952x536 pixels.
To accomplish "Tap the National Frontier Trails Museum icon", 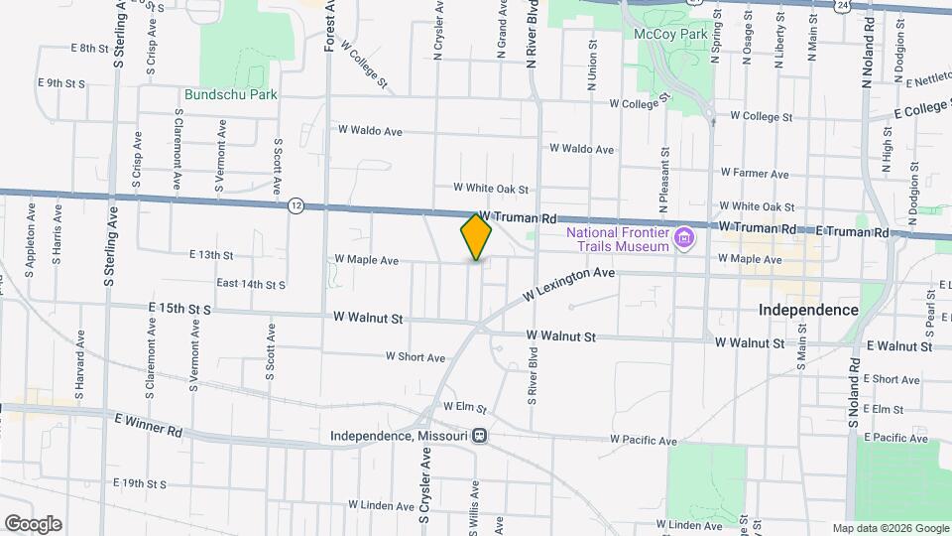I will pyautogui.click(x=683, y=238).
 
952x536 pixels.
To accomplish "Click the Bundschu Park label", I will pyautogui.click(x=230, y=95).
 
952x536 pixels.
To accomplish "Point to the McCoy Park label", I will pyautogui.click(x=671, y=34).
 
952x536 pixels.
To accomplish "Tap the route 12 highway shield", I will pyautogui.click(x=297, y=205).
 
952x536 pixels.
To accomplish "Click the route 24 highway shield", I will pyautogui.click(x=842, y=6).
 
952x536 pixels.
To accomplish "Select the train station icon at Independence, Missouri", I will pyautogui.click(x=480, y=436).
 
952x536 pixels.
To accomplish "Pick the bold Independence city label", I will pyautogui.click(x=808, y=310).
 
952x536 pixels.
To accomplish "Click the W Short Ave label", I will pyautogui.click(x=416, y=357).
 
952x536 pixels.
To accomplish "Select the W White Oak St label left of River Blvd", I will pyautogui.click(x=491, y=188).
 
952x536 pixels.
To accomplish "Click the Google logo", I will pyautogui.click(x=33, y=524).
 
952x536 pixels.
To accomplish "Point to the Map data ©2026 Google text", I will pyautogui.click(x=890, y=528).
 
